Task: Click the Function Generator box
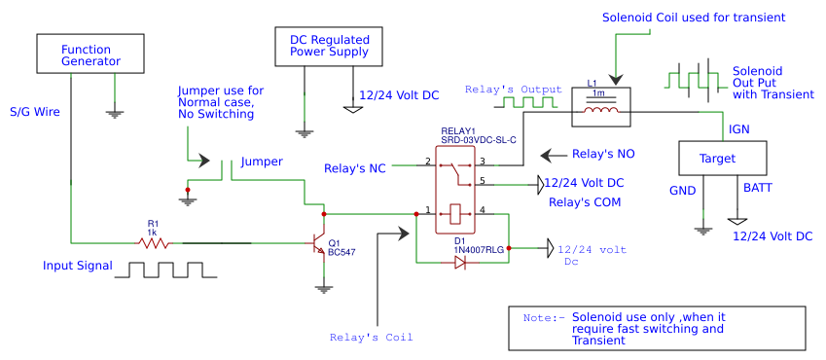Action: [90, 54]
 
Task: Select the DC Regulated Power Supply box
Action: [329, 47]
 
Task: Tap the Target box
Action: [721, 159]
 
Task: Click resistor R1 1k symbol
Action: [154, 243]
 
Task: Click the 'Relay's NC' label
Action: [354, 169]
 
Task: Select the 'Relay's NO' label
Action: [603, 154]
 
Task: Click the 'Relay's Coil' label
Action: [372, 338]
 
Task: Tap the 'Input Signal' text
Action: [78, 266]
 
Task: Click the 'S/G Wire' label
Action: [35, 112]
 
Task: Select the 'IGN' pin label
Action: [739, 128]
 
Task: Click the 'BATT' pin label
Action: [758, 187]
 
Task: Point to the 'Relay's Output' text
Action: [514, 90]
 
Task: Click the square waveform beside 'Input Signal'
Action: [160, 270]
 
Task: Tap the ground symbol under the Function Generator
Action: [115, 113]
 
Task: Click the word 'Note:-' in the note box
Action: [543, 318]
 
